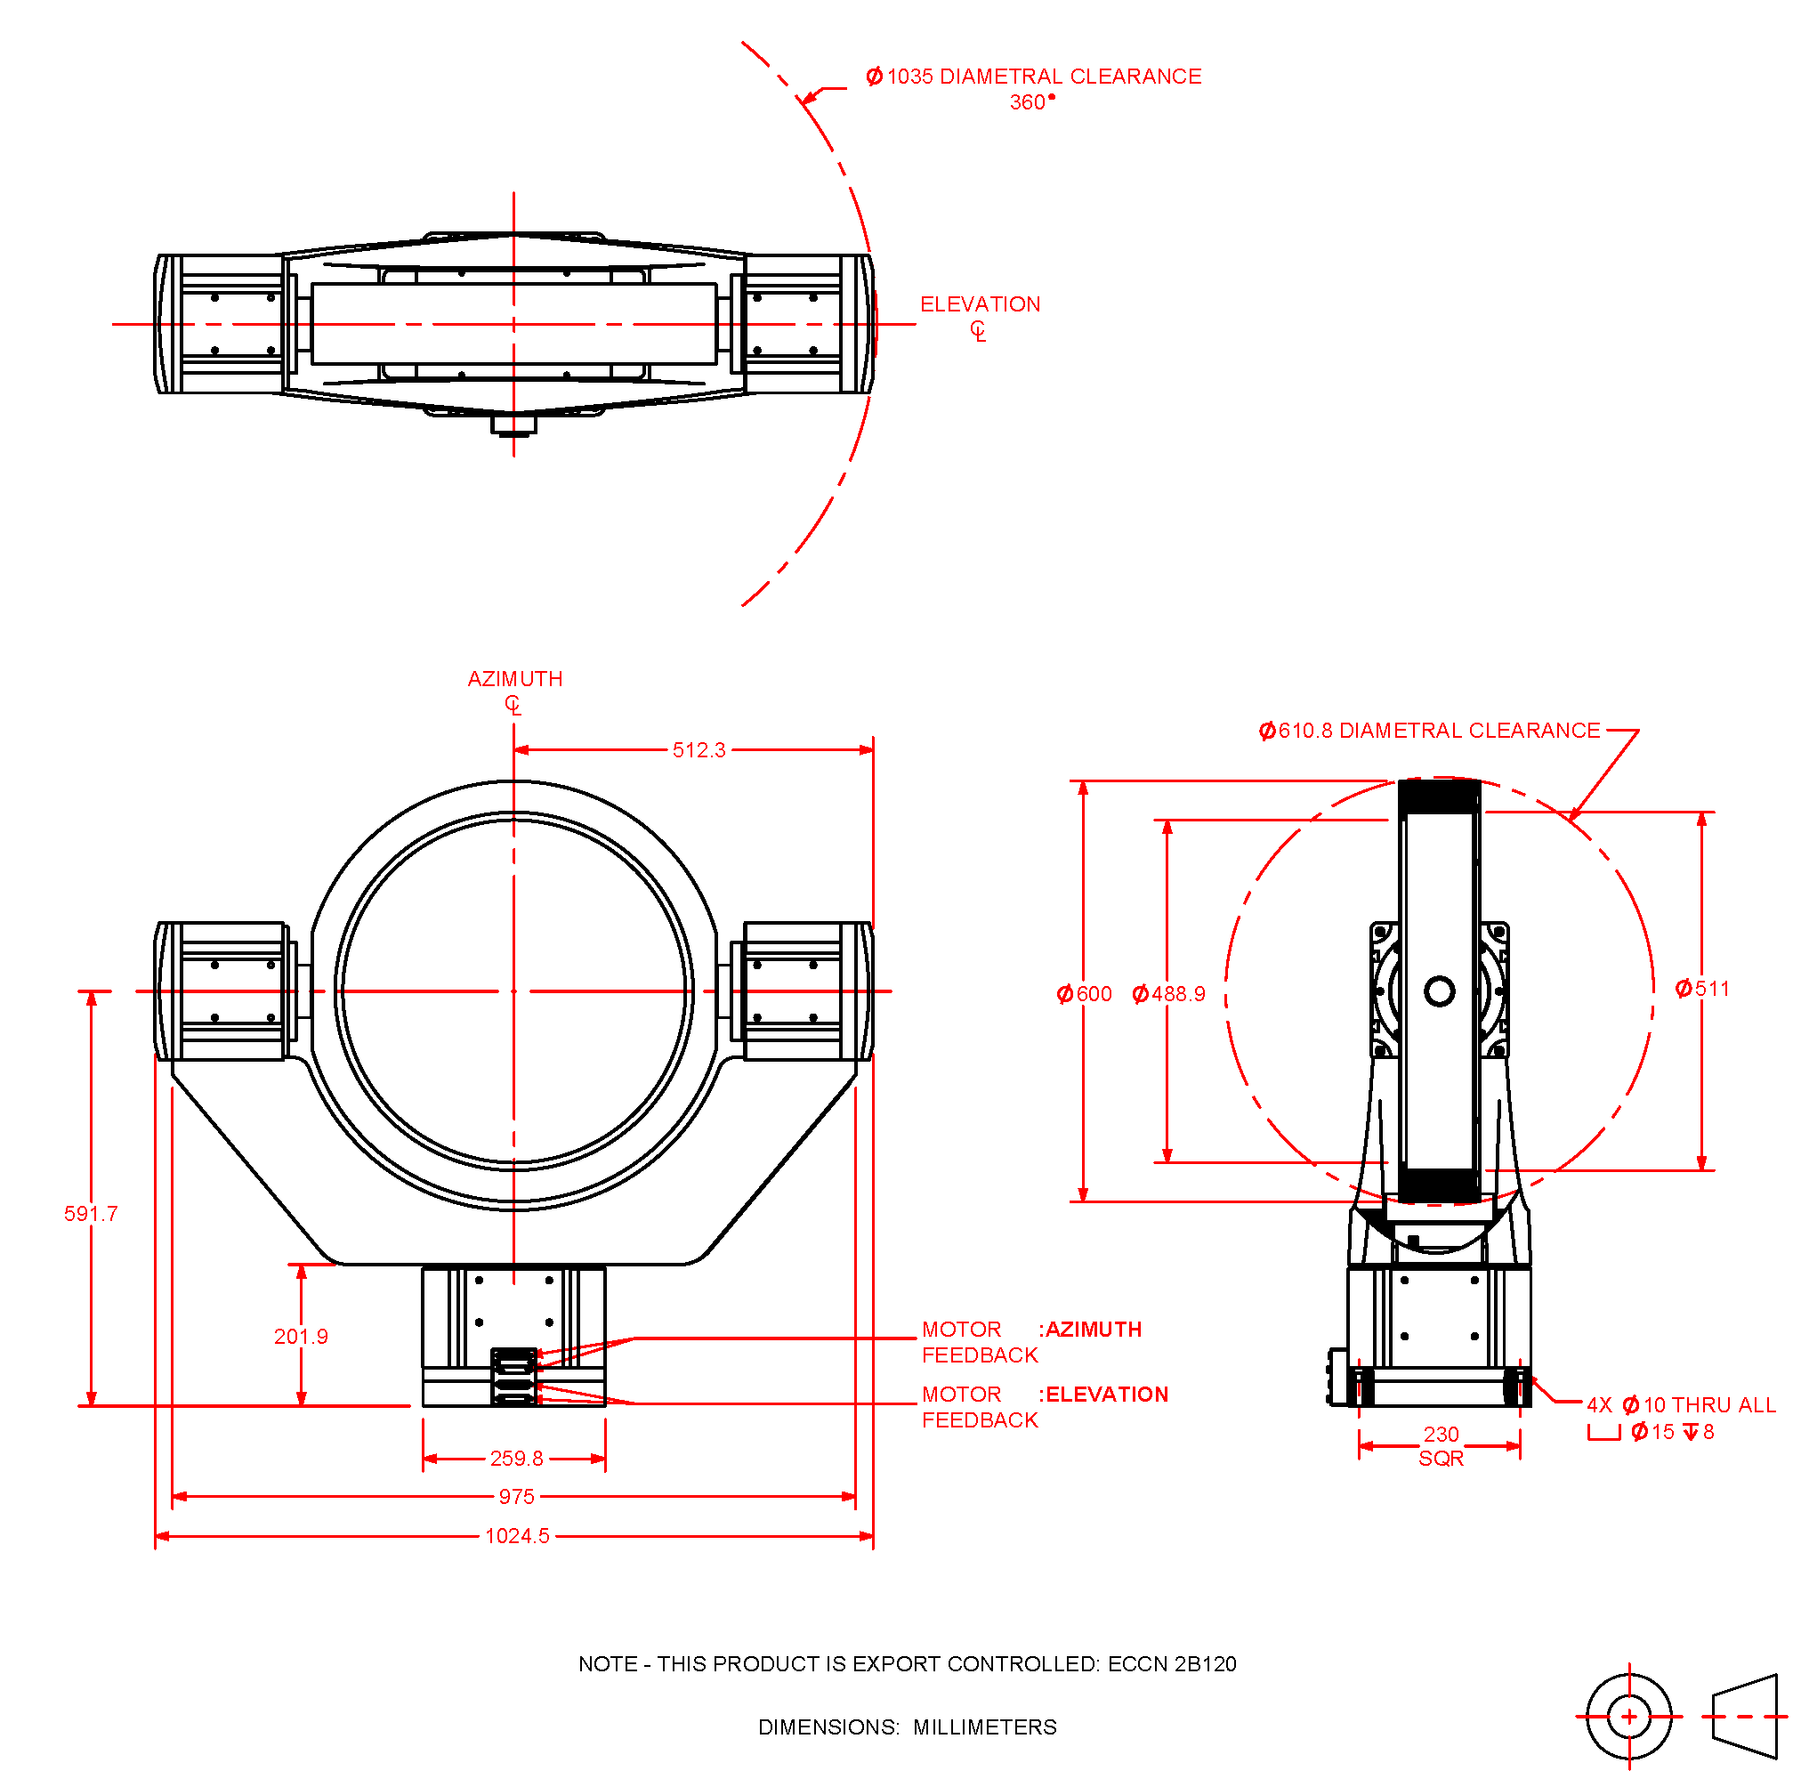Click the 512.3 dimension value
[699, 749]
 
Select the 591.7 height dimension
[91, 1213]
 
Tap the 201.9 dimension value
[300, 1336]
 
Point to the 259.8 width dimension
[516, 1459]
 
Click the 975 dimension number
[516, 1497]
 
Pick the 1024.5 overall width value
[517, 1536]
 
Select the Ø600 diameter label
[1084, 994]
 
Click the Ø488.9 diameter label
[1168, 994]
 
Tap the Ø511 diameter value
[1702, 989]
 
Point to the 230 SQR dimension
[1441, 1445]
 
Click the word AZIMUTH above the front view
[514, 679]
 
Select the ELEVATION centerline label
[980, 305]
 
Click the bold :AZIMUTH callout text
[1090, 1330]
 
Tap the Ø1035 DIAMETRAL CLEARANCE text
[1034, 77]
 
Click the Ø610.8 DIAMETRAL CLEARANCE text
[1429, 731]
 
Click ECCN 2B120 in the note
[1172, 1664]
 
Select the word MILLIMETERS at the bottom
[984, 1727]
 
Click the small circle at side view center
[1440, 991]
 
